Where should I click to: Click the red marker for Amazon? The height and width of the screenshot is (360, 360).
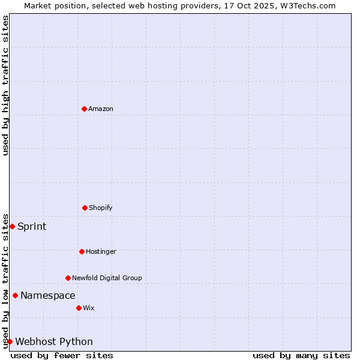coord(84,109)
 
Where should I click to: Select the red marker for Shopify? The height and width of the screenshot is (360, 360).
coord(85,208)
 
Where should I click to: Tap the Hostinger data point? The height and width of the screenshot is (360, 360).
coord(82,251)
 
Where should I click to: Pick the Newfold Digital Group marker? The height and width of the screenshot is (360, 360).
coord(68,278)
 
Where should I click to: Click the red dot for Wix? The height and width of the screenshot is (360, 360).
coord(79,308)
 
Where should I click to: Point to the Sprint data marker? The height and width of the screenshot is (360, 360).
coord(12,226)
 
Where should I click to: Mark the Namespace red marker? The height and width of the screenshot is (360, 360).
coord(15,295)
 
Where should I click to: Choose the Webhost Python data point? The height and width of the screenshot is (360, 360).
coord(10,341)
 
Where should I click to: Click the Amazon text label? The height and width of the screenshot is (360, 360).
coord(101,109)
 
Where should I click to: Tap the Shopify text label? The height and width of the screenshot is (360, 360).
coord(101,208)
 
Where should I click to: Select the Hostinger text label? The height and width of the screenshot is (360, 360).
coord(101,251)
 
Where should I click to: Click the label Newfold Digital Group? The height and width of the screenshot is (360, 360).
coord(107,278)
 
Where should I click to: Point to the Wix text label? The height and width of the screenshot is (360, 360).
coord(89,308)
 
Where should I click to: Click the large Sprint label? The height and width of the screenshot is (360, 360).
coord(32,226)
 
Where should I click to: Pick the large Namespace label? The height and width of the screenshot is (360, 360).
coord(48,295)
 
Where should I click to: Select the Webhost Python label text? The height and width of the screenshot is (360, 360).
coord(54,341)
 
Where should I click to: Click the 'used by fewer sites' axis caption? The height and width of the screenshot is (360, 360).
coord(62,355)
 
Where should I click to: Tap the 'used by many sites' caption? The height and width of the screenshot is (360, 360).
coord(301,355)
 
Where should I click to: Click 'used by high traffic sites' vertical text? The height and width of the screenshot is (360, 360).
coord(5,85)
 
